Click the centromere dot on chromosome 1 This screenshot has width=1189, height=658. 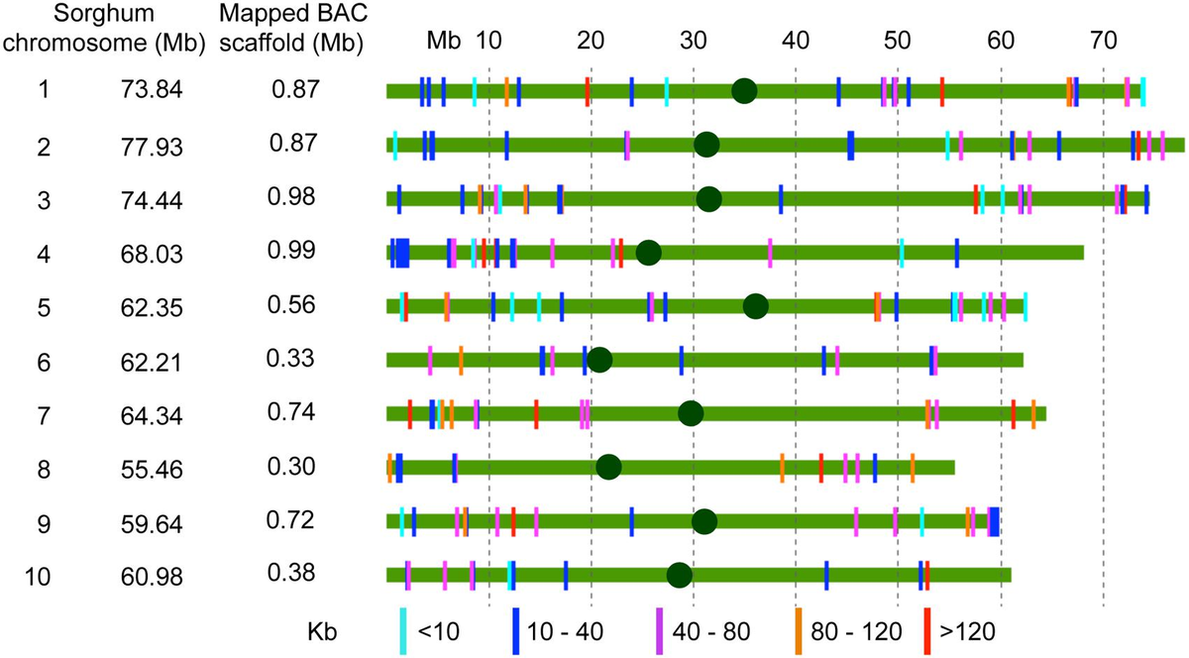tap(744, 91)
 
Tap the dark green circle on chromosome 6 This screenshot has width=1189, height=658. tap(598, 360)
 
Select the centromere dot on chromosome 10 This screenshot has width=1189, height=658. tap(679, 575)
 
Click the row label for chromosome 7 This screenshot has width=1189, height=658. tap(43, 413)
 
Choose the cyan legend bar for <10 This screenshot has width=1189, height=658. tap(403, 630)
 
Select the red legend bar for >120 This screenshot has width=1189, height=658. tap(927, 630)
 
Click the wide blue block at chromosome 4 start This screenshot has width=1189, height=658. tap(400, 253)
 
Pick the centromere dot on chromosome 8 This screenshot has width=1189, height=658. tap(608, 467)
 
